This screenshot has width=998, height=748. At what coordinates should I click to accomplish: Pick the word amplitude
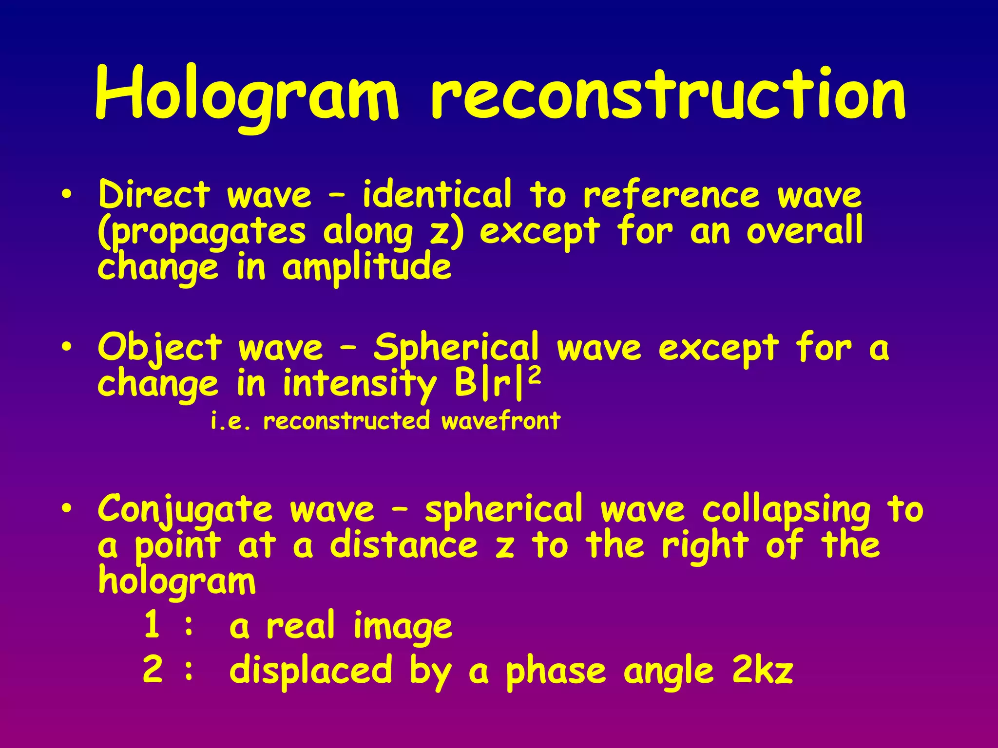[366, 268]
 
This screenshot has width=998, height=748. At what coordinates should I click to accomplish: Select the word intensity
[359, 385]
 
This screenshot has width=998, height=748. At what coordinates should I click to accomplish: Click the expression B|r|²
[497, 384]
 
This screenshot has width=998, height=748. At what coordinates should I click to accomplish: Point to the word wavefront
[501, 421]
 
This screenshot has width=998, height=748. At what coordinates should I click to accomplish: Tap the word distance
[404, 545]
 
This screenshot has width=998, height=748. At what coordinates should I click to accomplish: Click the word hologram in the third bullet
[176, 581]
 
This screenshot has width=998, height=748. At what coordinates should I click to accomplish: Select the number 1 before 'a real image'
[152, 625]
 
